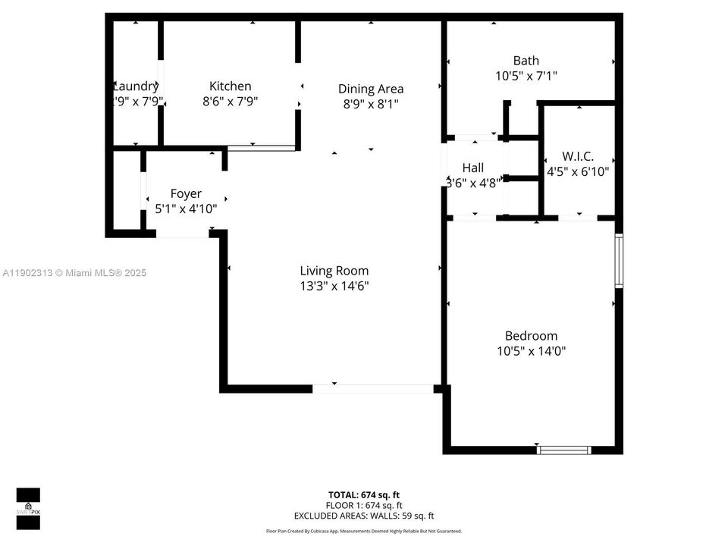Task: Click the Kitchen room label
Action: [x=230, y=86]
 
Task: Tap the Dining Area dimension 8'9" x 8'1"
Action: [x=370, y=105]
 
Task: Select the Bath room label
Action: [x=526, y=61]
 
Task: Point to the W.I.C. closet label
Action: [x=578, y=156]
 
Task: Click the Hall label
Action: [x=472, y=168]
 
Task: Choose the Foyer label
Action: [x=186, y=193]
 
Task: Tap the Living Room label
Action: [x=334, y=271]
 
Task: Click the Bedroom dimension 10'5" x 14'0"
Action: [x=531, y=351]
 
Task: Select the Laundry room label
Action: [x=136, y=86]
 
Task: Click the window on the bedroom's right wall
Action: [x=619, y=261]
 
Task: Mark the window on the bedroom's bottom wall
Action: [x=563, y=450]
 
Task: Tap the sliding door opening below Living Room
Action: [x=372, y=388]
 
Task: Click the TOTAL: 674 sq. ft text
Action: [x=363, y=494]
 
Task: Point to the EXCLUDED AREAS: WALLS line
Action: [x=363, y=516]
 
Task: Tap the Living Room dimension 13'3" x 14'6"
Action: [x=334, y=286]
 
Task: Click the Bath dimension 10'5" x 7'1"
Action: [x=526, y=76]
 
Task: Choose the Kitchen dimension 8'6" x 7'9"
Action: [x=230, y=102]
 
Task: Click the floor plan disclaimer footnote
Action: [x=363, y=532]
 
